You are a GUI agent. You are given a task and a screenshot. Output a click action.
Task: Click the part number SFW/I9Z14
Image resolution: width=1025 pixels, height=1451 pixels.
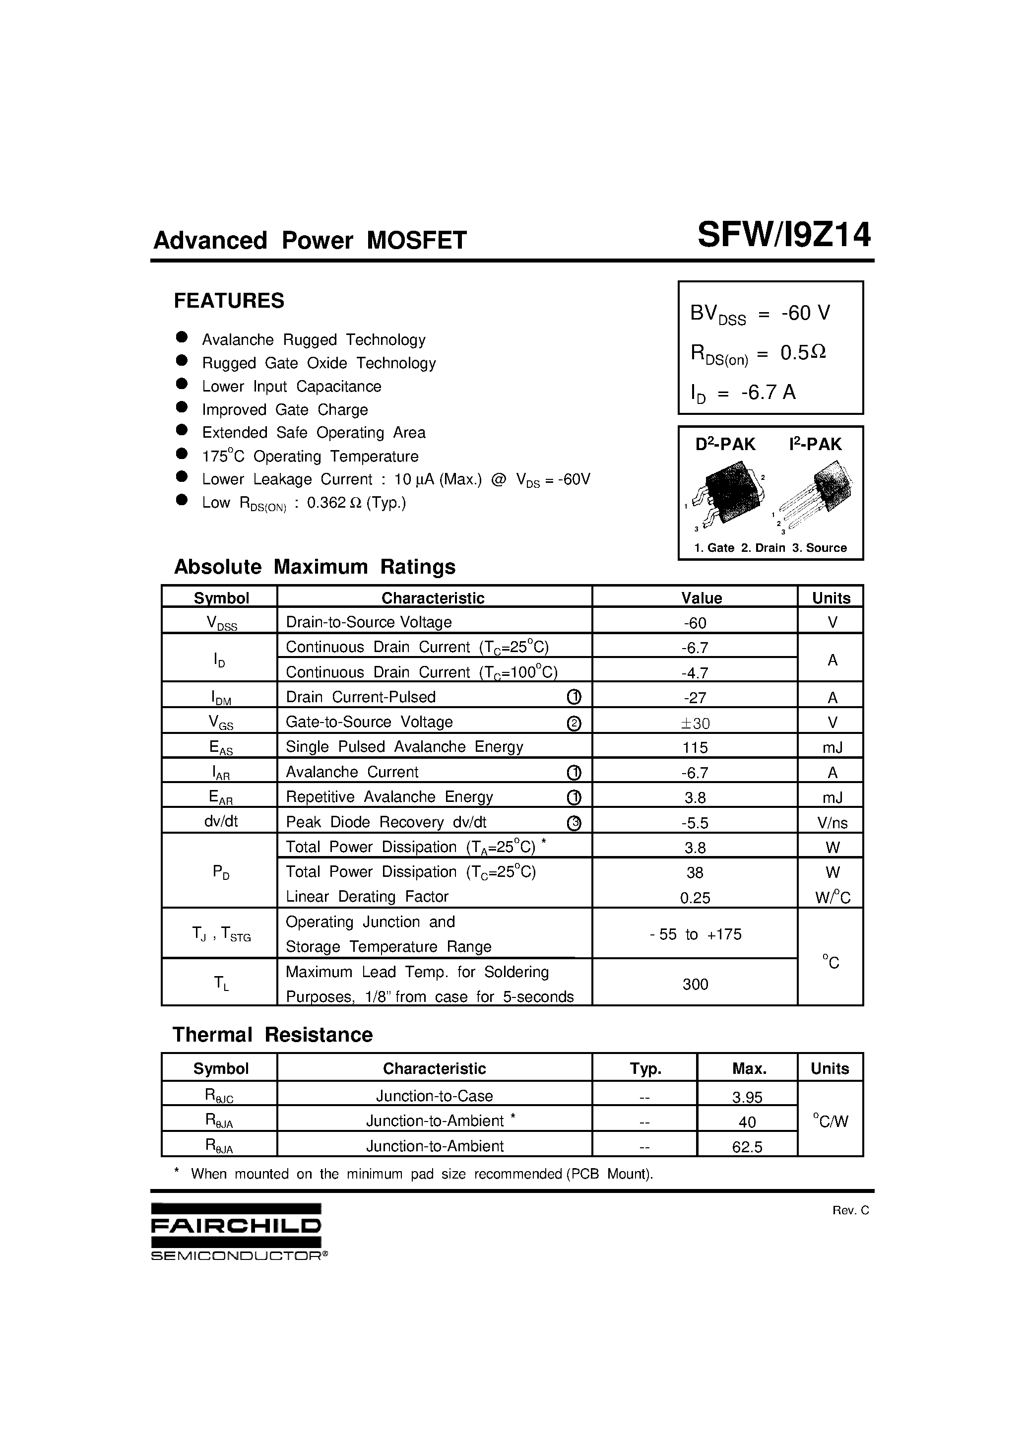coord(783,236)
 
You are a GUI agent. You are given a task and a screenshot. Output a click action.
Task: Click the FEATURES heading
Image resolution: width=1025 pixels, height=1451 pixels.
coord(229,301)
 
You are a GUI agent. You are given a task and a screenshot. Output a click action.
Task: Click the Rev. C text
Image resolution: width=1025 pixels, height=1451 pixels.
coord(850,1210)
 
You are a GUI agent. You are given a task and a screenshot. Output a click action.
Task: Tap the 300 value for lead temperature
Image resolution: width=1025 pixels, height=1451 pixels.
coord(695,984)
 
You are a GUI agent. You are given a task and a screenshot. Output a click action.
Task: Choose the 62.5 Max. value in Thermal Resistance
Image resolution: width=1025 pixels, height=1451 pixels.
coord(747,1147)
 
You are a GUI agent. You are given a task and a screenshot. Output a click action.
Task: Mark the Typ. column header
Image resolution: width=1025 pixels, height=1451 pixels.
coord(645,1069)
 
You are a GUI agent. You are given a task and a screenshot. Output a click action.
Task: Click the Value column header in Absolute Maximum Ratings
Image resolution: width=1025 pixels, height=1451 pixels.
coord(701,598)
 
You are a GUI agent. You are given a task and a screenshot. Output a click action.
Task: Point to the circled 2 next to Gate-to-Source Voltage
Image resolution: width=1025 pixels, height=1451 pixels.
coord(574,723)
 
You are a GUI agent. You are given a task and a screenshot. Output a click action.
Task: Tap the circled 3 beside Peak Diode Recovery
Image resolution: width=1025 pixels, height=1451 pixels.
coord(574,823)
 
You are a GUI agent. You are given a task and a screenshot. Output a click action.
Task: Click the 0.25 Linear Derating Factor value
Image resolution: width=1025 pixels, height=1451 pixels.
coord(695,897)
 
